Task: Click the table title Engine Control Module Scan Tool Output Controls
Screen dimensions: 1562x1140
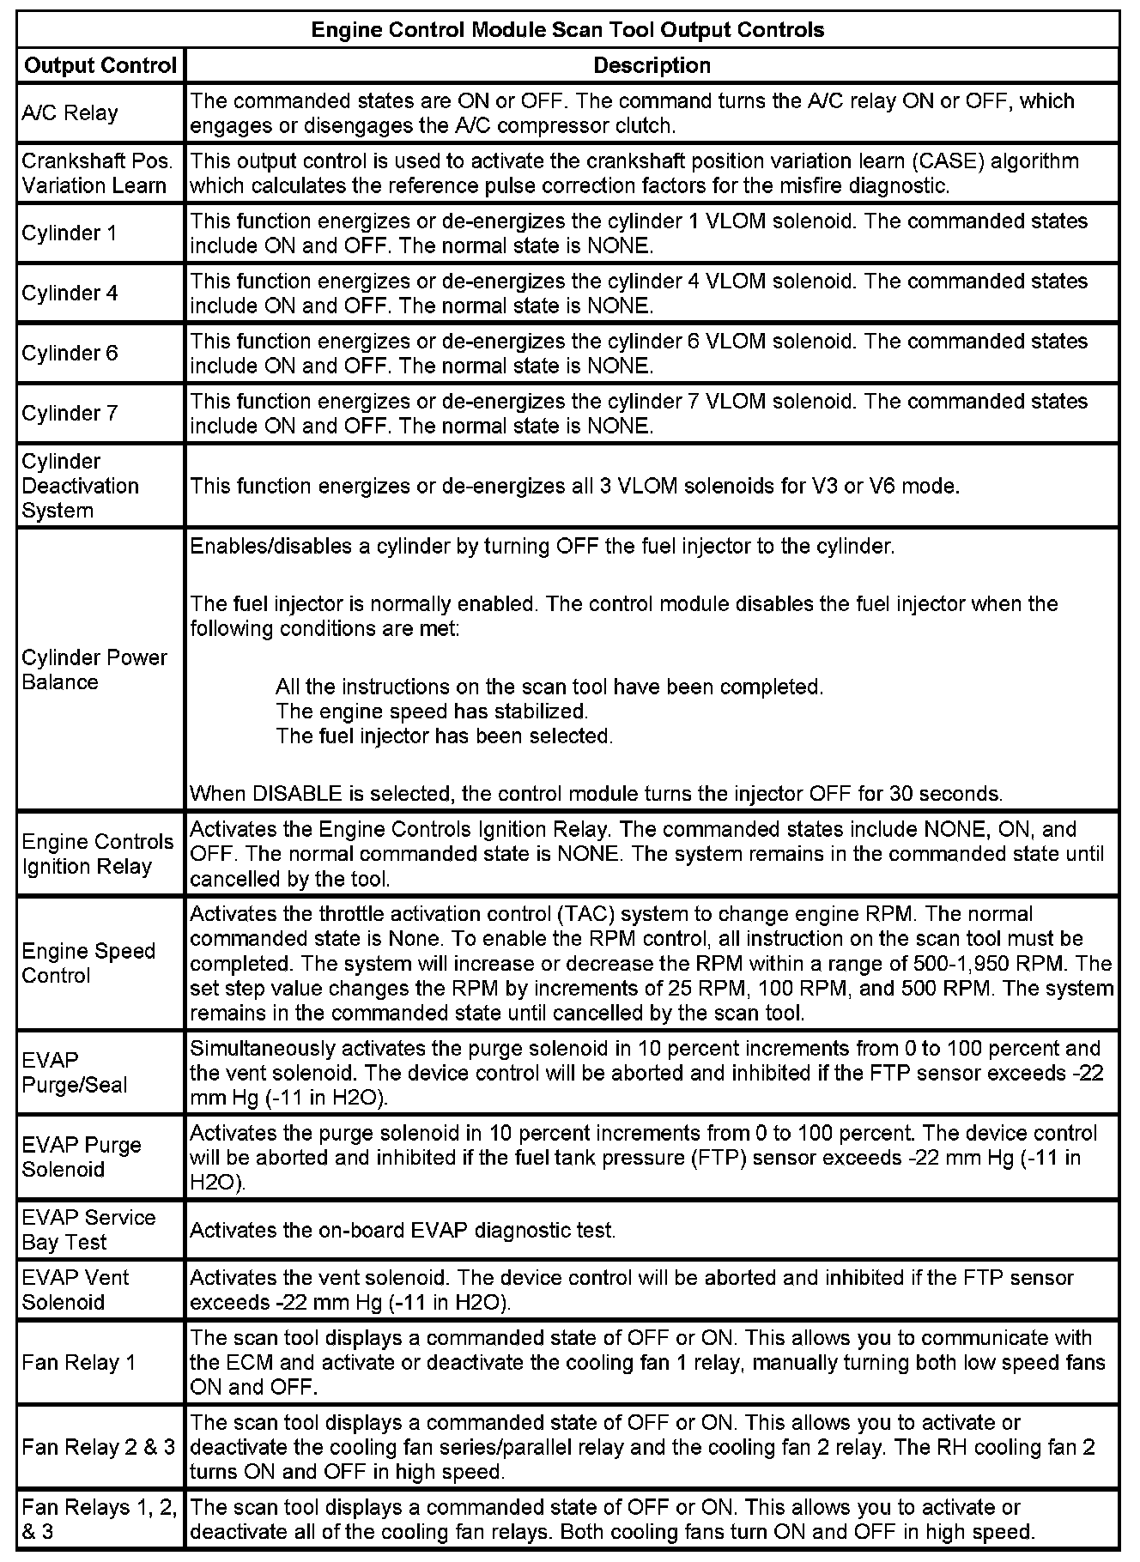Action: coord(567,30)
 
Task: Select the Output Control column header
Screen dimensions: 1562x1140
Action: coord(100,65)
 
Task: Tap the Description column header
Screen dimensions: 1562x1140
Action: coord(652,65)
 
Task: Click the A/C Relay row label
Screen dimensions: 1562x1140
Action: coord(70,113)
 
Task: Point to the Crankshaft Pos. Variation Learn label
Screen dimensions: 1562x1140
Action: coord(97,173)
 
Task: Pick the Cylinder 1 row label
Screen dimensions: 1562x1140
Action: coord(70,233)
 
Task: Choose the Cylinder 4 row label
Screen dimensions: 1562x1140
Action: coord(70,294)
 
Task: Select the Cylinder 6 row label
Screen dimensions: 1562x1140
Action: coord(70,354)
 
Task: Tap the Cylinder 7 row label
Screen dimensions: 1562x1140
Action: coord(70,414)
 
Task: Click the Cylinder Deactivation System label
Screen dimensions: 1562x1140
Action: coord(80,486)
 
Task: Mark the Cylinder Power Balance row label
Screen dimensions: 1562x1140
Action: coord(94,669)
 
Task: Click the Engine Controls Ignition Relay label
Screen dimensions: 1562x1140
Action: coord(97,854)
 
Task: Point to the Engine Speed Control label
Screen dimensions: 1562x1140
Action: coord(88,963)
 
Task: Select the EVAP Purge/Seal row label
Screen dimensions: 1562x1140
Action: coord(74,1073)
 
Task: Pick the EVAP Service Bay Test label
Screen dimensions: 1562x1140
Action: coord(88,1230)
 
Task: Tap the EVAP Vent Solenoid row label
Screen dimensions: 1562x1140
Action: coord(76,1290)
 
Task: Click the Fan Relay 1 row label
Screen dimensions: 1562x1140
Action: coord(79,1362)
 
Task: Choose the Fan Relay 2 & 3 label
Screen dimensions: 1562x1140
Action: coord(98,1447)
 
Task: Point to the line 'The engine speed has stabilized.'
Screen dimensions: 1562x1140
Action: coord(432,711)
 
